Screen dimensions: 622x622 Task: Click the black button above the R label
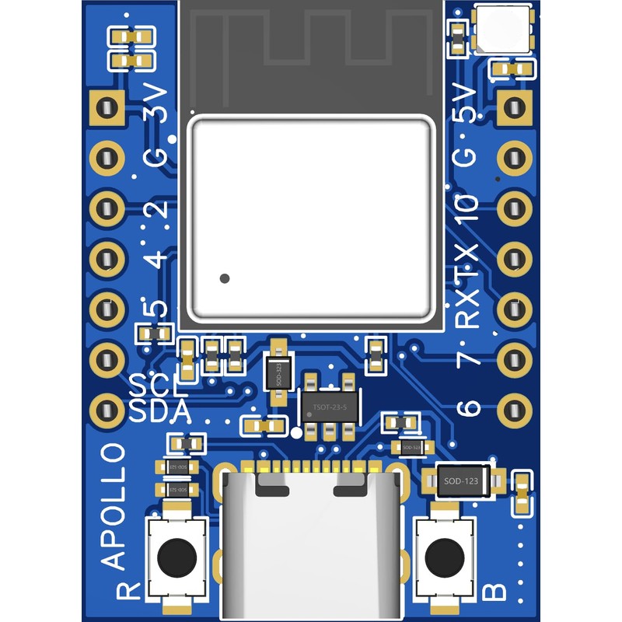coord(177,557)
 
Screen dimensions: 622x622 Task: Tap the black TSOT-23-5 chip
coord(330,407)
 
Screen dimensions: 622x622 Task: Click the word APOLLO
coord(114,505)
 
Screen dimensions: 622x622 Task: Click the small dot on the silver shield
coord(225,278)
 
